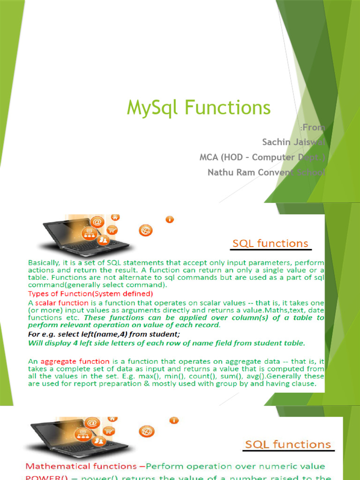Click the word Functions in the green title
pyautogui.click(x=227, y=108)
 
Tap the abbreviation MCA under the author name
pyautogui.click(x=210, y=157)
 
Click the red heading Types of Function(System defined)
pyautogui.click(x=90, y=294)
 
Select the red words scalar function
pyautogui.click(x=61, y=303)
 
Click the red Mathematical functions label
pyautogui.click(x=81, y=466)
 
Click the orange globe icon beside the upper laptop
pyautogui.click(x=145, y=230)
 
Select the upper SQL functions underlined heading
pyautogui.click(x=271, y=244)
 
